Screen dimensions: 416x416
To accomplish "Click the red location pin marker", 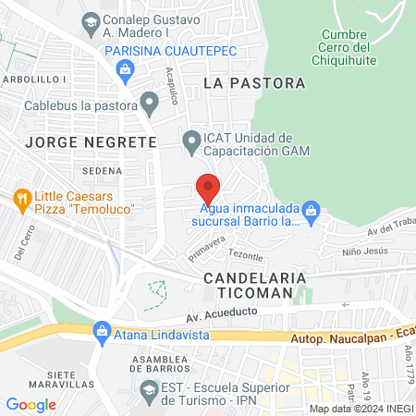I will [x=209, y=190].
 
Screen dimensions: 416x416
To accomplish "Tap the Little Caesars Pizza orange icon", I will [x=22, y=197].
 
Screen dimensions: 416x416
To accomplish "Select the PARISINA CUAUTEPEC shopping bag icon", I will [x=124, y=68].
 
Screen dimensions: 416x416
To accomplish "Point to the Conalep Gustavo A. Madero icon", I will [x=91, y=20].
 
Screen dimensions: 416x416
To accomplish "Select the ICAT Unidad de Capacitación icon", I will [x=191, y=142].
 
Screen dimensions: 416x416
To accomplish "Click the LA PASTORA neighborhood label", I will [x=253, y=83].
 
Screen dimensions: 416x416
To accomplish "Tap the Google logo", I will [x=31, y=404].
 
